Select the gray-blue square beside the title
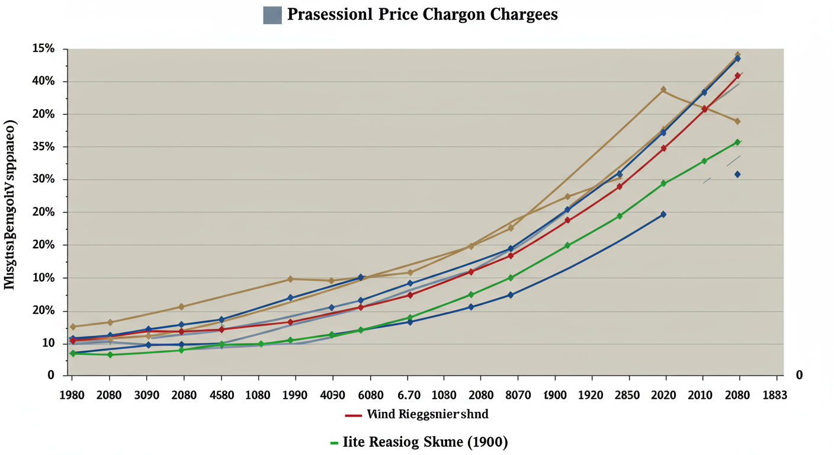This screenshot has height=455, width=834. [x=272, y=14]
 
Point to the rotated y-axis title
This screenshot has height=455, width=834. [x=11, y=204]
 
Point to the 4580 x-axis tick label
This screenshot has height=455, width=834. [x=221, y=395]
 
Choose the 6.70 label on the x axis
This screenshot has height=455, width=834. [x=408, y=395]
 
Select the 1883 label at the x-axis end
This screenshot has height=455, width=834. [x=774, y=395]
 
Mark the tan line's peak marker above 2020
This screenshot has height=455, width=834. [x=663, y=89]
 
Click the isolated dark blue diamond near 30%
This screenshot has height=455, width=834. [x=737, y=174]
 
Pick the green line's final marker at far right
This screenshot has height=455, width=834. [x=737, y=142]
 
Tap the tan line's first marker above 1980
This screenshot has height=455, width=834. [x=73, y=326]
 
